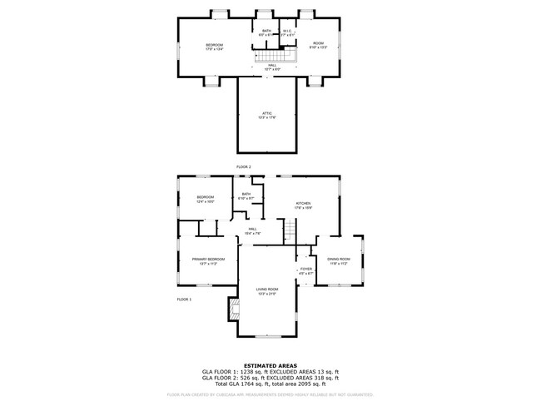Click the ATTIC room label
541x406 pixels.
tap(267, 112)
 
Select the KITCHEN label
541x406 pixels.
tap(303, 203)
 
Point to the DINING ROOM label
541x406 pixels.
tap(339, 260)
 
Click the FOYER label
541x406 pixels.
tap(305, 269)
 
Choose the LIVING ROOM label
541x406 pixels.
tap(267, 289)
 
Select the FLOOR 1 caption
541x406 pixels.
tap(184, 299)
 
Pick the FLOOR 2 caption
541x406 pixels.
tap(243, 167)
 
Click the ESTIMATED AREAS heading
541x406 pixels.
tap(270, 364)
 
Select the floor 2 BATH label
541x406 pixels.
tap(267, 31)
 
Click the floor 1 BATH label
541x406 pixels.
tap(246, 195)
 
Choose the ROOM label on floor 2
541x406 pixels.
tap(318, 42)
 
